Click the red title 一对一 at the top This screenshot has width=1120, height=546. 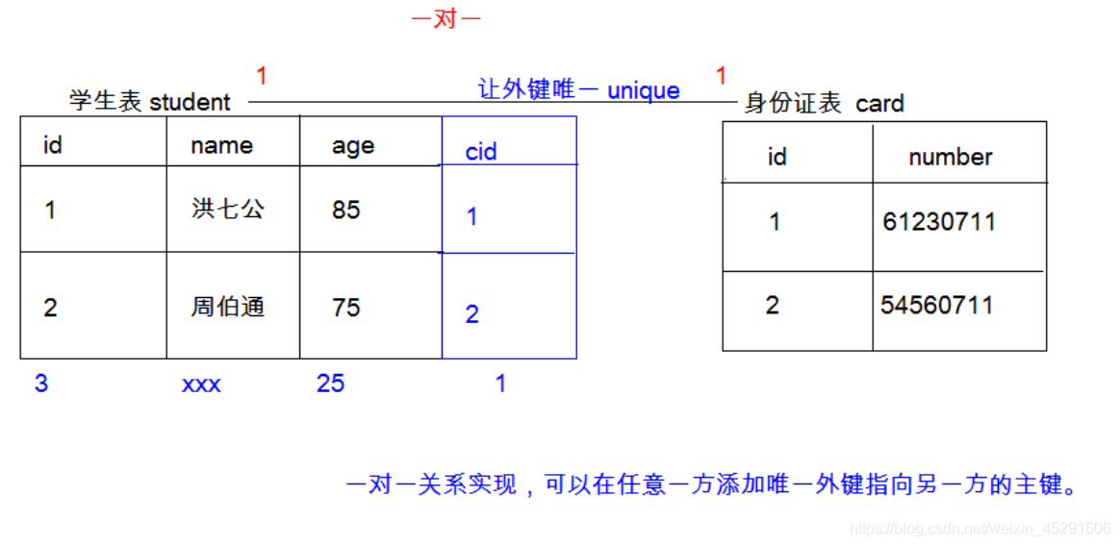(x=445, y=19)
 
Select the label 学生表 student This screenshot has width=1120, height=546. (x=150, y=102)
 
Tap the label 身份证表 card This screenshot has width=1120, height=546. (x=824, y=103)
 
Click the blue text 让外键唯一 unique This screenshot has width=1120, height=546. (x=579, y=90)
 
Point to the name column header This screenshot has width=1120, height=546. (x=221, y=146)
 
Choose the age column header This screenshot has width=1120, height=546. (x=353, y=146)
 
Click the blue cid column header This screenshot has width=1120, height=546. (x=481, y=152)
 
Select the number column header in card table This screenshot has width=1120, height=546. (x=950, y=158)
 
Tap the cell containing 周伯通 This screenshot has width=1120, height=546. (x=228, y=308)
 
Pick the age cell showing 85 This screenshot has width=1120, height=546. (x=346, y=210)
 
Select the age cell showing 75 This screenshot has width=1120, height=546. (x=346, y=308)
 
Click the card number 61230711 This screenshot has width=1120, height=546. (x=939, y=223)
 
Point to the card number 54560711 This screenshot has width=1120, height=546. (x=936, y=306)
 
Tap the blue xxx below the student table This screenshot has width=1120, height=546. (x=201, y=385)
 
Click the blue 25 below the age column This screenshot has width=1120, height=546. (x=330, y=385)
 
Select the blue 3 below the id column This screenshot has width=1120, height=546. (x=41, y=385)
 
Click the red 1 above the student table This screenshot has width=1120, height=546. (x=262, y=76)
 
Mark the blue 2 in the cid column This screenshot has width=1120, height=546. (x=471, y=314)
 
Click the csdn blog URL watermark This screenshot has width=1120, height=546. (x=981, y=529)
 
